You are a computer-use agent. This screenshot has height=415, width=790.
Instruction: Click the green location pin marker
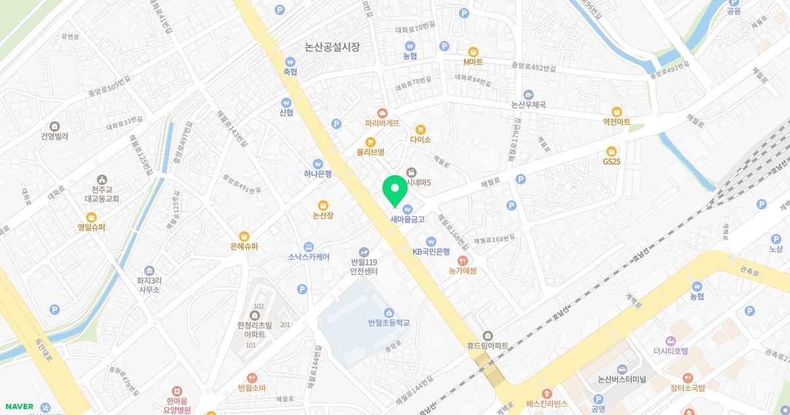pyautogui.click(x=395, y=190)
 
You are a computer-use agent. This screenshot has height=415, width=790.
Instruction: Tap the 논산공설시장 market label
pyautogui.click(x=332, y=47)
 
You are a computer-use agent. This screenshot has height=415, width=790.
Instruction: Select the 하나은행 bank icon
pyautogui.click(x=317, y=163)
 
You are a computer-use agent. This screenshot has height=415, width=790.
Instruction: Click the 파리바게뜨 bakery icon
pyautogui.click(x=382, y=113)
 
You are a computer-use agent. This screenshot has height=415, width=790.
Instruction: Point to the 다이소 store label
pyautogui.click(x=420, y=140)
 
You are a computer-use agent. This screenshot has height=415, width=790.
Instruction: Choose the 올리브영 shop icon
pyautogui.click(x=371, y=142)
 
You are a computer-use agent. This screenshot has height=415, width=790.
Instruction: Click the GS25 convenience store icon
pyautogui.click(x=612, y=151)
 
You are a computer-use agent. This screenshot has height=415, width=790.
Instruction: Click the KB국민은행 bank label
pyautogui.click(x=431, y=251)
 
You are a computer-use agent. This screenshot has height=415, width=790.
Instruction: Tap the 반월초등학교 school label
pyautogui.click(x=389, y=323)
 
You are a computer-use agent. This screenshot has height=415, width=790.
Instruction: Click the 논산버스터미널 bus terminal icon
pyautogui.click(x=621, y=369)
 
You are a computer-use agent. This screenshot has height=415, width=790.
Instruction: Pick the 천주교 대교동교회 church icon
pyautogui.click(x=101, y=179)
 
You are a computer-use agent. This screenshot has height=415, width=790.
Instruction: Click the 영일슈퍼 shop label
pyautogui.click(x=92, y=227)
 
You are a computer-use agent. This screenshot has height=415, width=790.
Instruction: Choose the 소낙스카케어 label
pyautogui.click(x=308, y=257)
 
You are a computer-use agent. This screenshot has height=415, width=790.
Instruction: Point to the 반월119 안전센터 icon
pyautogui.click(x=363, y=252)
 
